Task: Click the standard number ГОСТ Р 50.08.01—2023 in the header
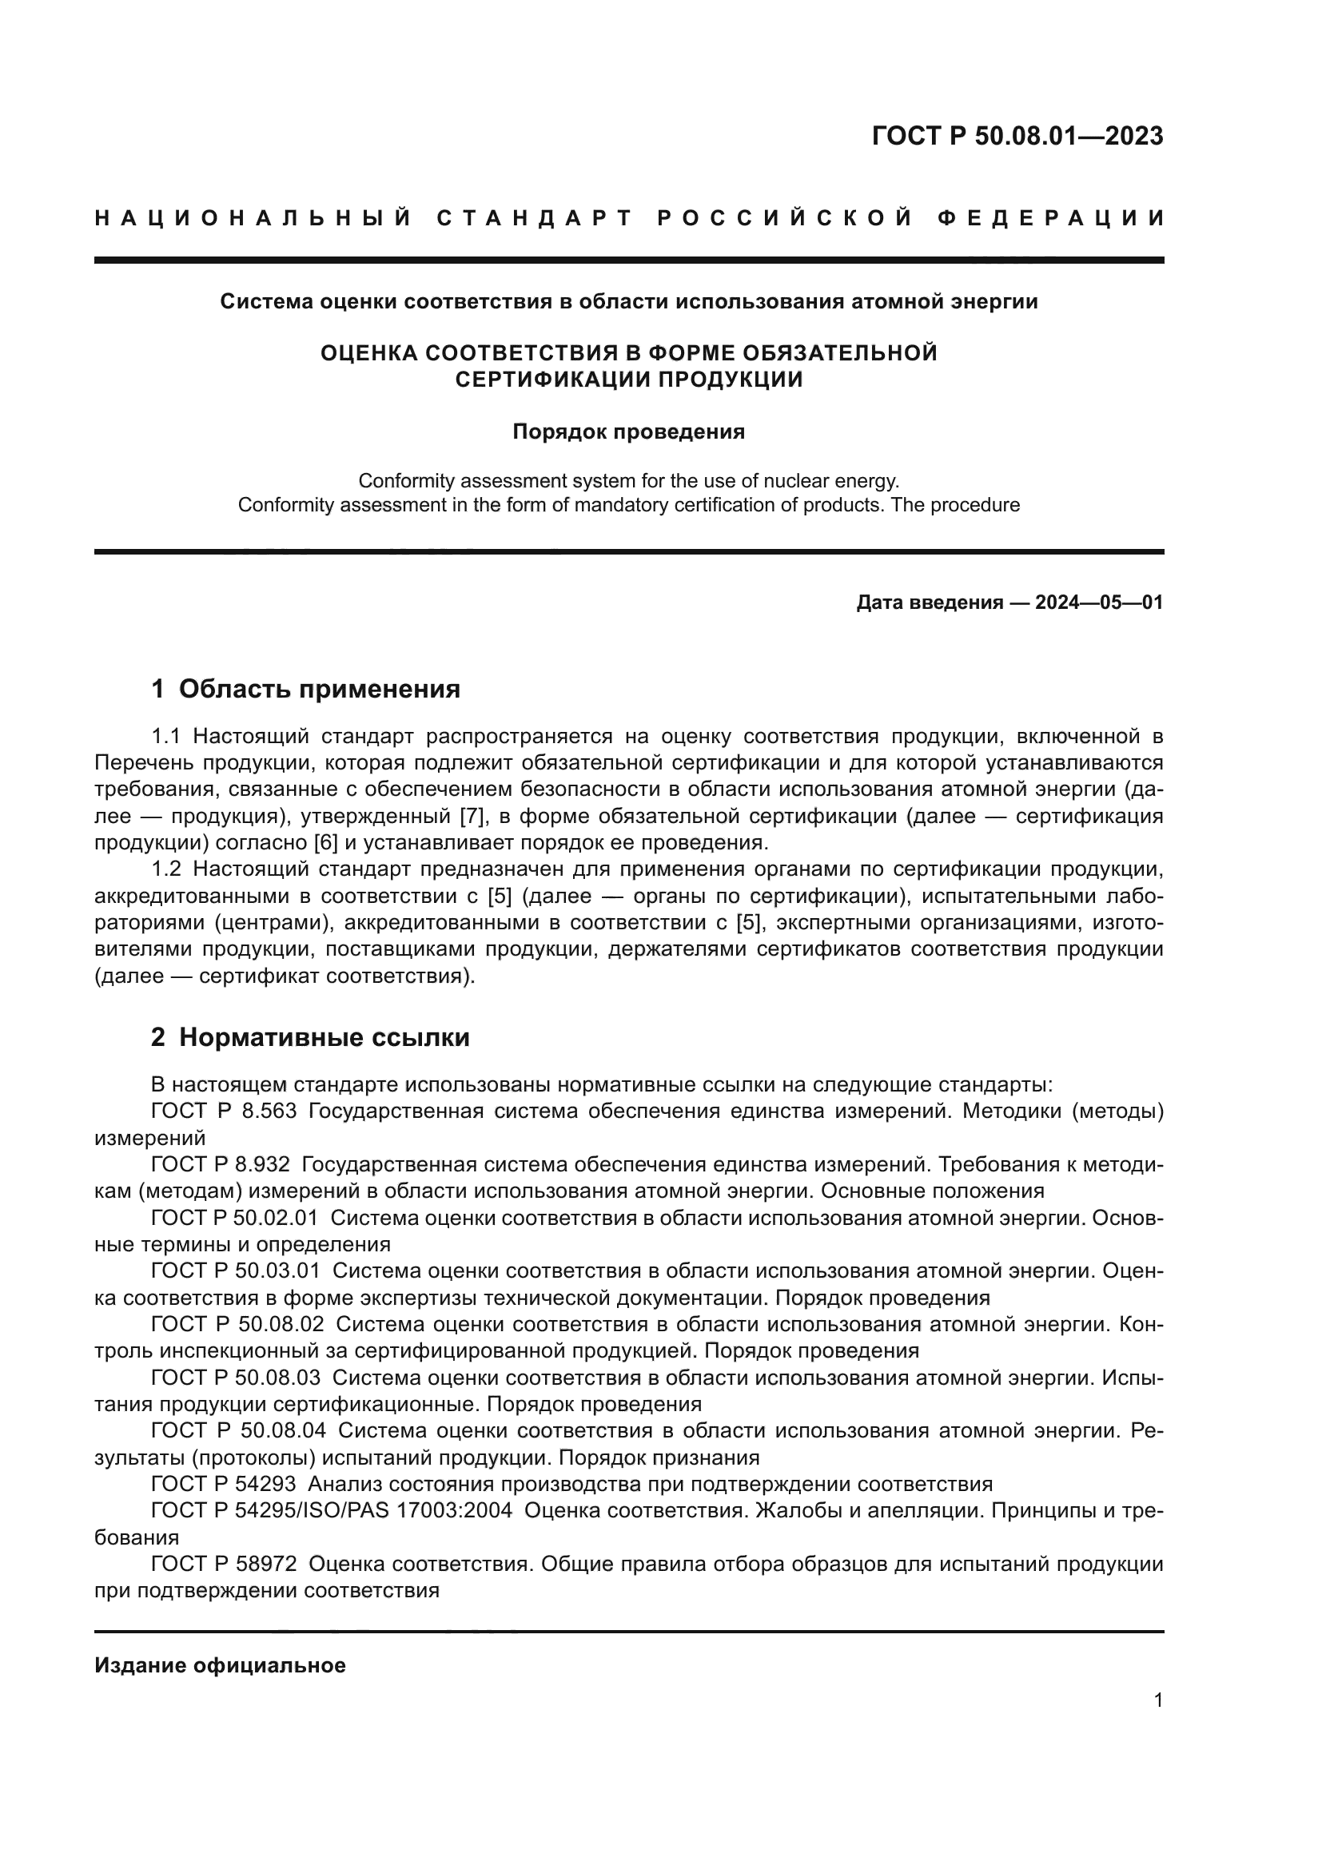coord(1017,136)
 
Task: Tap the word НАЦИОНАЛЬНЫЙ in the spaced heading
coord(253,218)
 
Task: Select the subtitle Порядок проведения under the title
coord(628,431)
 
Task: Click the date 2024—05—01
coord(1099,602)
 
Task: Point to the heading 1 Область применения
coord(306,690)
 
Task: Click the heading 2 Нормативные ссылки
coord(310,1038)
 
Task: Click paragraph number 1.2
coord(166,869)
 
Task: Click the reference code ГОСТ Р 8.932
coord(221,1165)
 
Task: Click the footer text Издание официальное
coord(220,1664)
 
